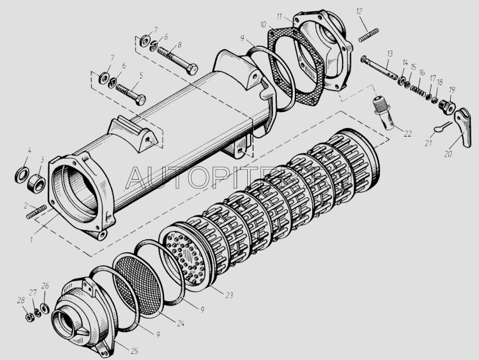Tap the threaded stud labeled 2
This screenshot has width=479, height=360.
tap(36, 212)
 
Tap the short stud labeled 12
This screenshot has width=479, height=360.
tap(368, 36)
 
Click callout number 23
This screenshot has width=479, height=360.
tap(229, 295)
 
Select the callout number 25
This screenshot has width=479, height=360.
tap(135, 351)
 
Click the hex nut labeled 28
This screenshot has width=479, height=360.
tap(29, 317)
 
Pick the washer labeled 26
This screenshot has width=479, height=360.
tap(45, 308)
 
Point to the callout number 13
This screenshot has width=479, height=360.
tap(390, 55)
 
